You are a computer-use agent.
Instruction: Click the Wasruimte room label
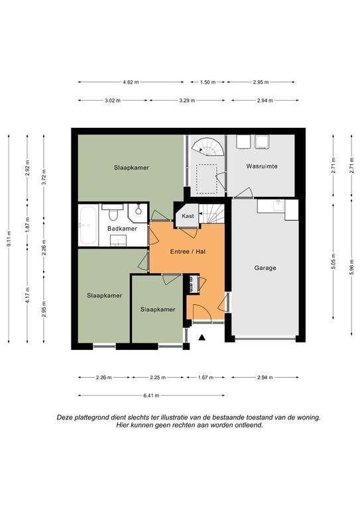[x=262, y=166]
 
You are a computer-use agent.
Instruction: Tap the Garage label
[x=265, y=268]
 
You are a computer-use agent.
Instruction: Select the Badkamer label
[x=122, y=229]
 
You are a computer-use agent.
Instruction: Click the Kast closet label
[x=188, y=216]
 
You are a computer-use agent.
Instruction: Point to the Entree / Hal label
[x=188, y=252]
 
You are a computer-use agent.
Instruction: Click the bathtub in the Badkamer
[x=88, y=225]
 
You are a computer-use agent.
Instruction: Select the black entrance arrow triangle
[x=202, y=337]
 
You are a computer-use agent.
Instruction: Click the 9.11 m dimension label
[x=9, y=239]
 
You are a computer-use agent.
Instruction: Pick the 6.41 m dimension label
[x=151, y=396]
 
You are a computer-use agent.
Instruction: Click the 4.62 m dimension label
[x=131, y=82]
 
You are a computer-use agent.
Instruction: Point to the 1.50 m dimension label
[x=208, y=82]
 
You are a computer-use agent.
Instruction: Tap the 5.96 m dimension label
[x=351, y=266]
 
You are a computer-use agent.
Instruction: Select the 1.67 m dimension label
[x=206, y=378]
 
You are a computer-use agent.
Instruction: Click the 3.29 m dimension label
[x=187, y=101]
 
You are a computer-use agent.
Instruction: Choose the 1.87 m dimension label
[x=27, y=224]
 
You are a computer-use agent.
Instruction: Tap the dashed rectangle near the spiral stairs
[x=206, y=179]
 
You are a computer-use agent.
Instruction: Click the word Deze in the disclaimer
[x=64, y=418]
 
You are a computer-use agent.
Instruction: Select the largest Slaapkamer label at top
[x=131, y=168]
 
